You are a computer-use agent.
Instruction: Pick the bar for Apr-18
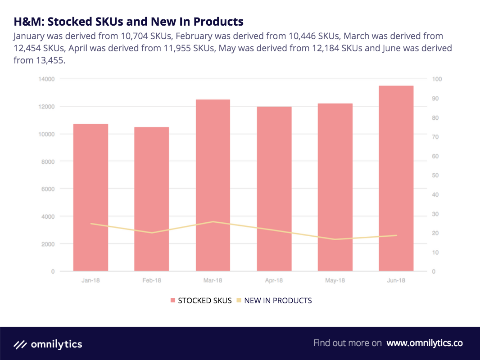point(274,189)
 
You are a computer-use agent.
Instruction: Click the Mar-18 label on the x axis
point(213,281)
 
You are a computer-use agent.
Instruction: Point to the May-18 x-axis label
point(335,281)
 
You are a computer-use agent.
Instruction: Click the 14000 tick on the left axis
point(46,79)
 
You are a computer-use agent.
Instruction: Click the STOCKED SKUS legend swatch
point(173,301)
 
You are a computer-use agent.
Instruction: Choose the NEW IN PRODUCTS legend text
point(278,301)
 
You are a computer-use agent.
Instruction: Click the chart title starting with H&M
point(128,21)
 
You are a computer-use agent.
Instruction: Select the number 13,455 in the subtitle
point(49,60)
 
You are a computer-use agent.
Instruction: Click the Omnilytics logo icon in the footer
point(20,345)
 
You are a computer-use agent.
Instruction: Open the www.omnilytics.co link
point(425,343)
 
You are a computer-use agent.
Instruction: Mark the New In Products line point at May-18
point(335,239)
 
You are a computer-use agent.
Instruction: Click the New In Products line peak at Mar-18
point(213,221)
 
